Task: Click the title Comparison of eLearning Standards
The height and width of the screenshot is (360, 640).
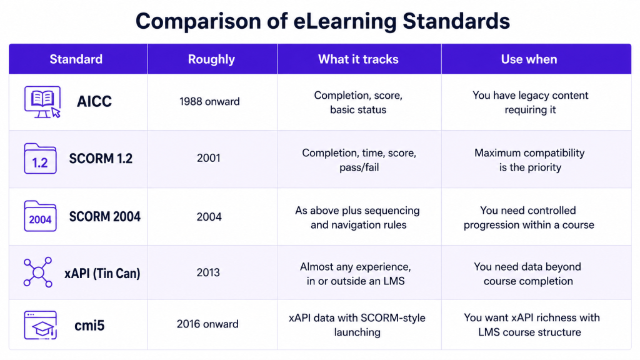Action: click(x=322, y=21)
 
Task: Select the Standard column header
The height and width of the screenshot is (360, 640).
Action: click(x=76, y=59)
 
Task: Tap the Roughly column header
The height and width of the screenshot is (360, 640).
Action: click(x=211, y=59)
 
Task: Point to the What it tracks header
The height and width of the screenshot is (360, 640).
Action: click(x=358, y=59)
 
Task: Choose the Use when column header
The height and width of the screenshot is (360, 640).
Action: click(x=529, y=59)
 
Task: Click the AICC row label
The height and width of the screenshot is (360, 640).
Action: click(x=94, y=101)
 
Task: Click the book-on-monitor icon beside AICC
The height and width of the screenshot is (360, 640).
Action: click(x=42, y=102)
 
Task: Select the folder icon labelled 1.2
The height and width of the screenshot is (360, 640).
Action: click(x=40, y=159)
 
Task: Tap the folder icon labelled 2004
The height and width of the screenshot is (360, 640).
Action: click(x=40, y=216)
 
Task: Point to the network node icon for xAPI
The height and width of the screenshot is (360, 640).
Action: click(x=38, y=272)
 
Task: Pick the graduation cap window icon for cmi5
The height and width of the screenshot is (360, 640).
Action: click(x=40, y=325)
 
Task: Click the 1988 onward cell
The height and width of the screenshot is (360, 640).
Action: click(x=209, y=102)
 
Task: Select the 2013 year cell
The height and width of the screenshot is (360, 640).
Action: click(x=208, y=272)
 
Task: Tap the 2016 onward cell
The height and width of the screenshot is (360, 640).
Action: click(x=207, y=324)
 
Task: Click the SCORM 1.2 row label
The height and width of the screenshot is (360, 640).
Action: click(x=101, y=158)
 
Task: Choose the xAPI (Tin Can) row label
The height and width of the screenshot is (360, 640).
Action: click(x=102, y=273)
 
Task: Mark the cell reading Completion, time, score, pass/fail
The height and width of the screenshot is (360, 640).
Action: click(x=359, y=160)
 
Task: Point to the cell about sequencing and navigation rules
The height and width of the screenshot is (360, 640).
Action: click(x=357, y=217)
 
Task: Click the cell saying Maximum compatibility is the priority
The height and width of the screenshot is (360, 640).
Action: click(x=529, y=160)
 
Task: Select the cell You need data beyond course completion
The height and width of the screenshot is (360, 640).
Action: click(x=527, y=274)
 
